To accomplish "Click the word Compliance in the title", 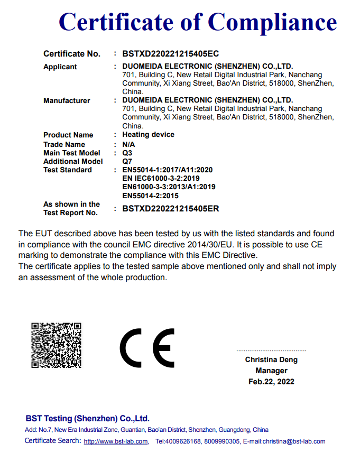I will [272, 22].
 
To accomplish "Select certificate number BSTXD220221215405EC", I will [170, 54].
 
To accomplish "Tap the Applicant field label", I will [60, 67].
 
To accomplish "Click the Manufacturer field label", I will [67, 100].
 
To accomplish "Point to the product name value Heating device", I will [148, 135].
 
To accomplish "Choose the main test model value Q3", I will [127, 153].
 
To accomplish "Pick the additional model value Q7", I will [127, 161].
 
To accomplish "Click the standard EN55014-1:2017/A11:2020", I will [167, 170].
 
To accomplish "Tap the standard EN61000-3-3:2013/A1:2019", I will [169, 187].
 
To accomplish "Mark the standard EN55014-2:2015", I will [150, 196].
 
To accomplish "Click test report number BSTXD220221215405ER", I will [170, 208].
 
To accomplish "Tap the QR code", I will [56, 345].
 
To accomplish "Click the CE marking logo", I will [147, 348].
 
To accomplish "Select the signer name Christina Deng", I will [271, 360].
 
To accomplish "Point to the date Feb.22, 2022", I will [271, 382].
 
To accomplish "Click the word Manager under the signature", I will [271, 371].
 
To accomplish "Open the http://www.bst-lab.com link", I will [116, 441].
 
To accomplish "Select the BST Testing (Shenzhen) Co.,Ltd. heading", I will [87, 418].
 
